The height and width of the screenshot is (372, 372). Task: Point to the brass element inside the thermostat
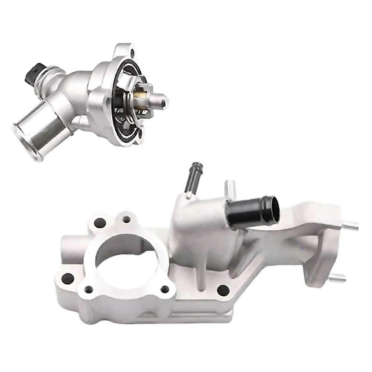click(x=142, y=96)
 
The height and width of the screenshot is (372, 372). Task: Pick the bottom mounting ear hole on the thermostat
click(x=141, y=134)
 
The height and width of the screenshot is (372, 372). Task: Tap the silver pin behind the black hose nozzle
click(x=229, y=189)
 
